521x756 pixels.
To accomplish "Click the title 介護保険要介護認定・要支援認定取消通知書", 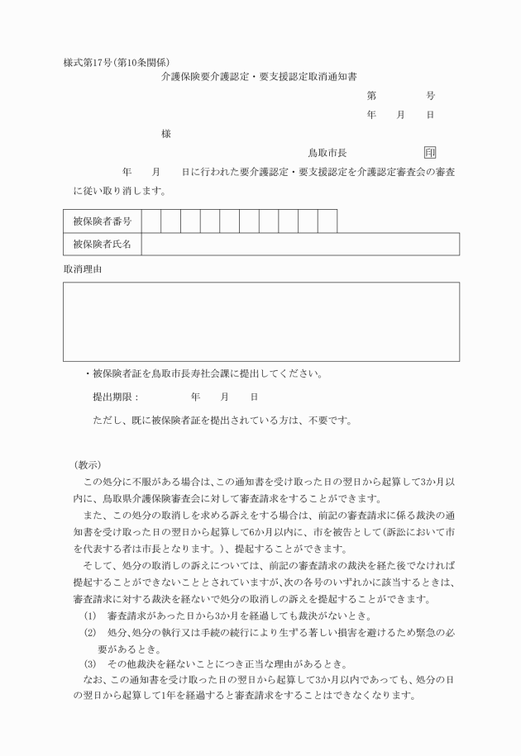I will [258, 77].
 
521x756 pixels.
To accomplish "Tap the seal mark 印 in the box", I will [430, 153].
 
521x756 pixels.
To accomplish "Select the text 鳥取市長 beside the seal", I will [327, 153].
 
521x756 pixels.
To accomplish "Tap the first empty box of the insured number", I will [151, 221].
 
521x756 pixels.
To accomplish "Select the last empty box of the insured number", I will [327, 221].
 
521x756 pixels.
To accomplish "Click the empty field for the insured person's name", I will [300, 245].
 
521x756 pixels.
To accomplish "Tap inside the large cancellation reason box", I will [260, 321].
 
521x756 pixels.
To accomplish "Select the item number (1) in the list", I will [90, 616].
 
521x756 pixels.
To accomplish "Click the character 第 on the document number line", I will [371, 96].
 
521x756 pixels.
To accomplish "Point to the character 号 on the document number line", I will [430, 96].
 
